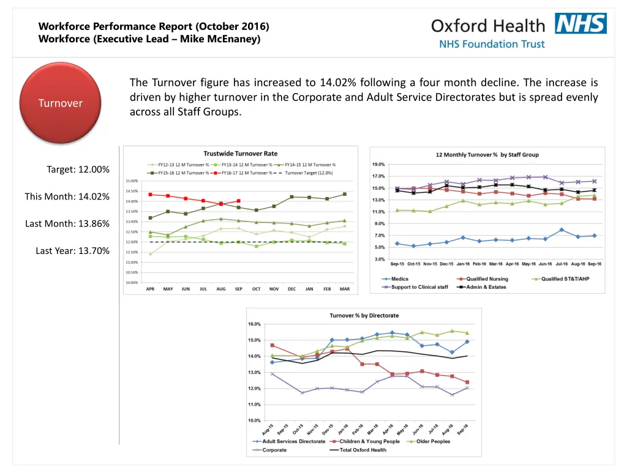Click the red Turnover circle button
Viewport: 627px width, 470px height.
coord(60,103)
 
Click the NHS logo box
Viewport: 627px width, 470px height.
coord(580,24)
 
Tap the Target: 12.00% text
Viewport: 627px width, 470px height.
coord(78,170)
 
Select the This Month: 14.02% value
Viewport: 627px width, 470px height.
coord(67,196)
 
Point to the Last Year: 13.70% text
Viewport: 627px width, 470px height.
coord(72,250)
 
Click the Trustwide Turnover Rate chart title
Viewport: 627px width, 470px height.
coord(240,154)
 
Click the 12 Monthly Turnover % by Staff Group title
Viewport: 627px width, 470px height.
coord(487,155)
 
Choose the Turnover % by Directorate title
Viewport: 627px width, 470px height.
coord(364,315)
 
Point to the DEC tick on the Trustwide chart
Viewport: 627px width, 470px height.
coord(291,289)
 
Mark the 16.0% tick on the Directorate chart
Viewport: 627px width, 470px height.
coord(254,324)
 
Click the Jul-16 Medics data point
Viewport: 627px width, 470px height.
coord(561,230)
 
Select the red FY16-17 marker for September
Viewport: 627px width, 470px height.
coord(239,201)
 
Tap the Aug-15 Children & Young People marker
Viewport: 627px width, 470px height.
coord(272,345)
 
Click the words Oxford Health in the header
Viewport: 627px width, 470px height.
coord(487,26)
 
